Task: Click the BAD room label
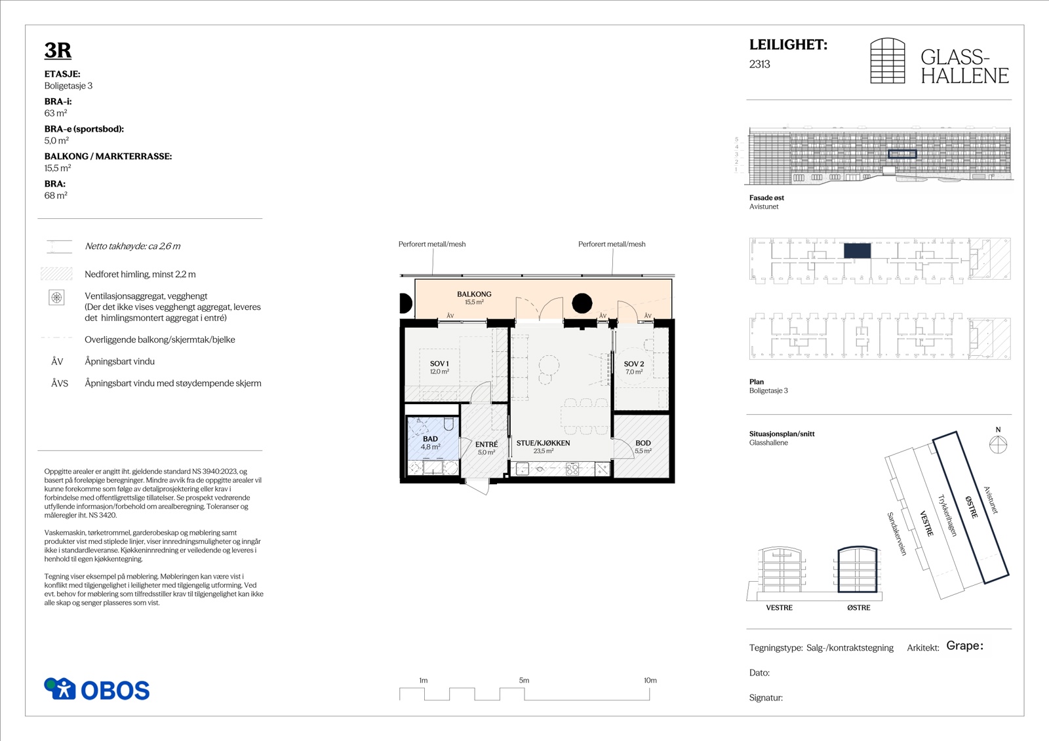click(x=430, y=438)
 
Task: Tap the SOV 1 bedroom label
click(x=439, y=364)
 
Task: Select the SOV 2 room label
click(x=633, y=364)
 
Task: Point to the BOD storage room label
click(x=643, y=443)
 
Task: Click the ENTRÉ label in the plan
click(x=486, y=444)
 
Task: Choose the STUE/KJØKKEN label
click(x=544, y=443)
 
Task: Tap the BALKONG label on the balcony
click(x=475, y=294)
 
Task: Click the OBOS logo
click(x=97, y=689)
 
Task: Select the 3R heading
click(x=58, y=50)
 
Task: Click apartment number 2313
click(x=760, y=64)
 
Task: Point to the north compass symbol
click(x=998, y=444)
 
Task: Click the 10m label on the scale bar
click(x=650, y=680)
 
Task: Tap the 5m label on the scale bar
click(x=524, y=680)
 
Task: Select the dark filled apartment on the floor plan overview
click(x=858, y=251)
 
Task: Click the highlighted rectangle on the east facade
click(x=902, y=154)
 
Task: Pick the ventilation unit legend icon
click(x=56, y=297)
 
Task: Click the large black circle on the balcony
click(x=582, y=303)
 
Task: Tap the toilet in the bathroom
click(x=448, y=424)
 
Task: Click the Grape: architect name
click(x=964, y=646)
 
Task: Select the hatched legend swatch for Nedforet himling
click(x=56, y=274)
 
